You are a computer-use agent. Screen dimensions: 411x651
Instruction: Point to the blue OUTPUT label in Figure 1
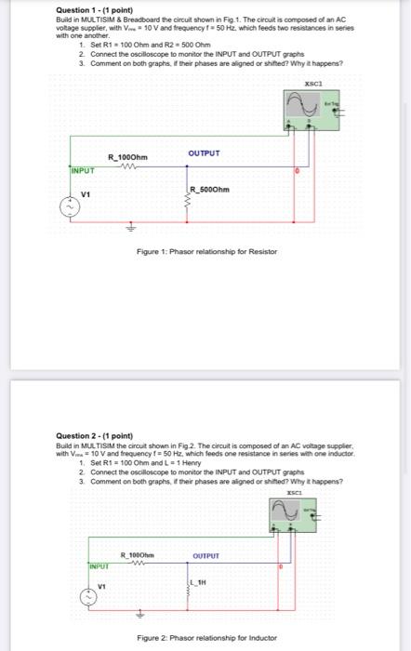coord(204,153)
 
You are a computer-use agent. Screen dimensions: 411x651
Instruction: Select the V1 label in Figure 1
coord(85,194)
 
